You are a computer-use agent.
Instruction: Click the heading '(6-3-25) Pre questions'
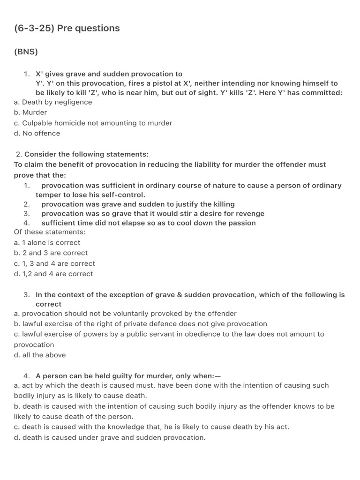coord(67,28)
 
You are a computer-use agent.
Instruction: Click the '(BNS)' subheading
coord(26,52)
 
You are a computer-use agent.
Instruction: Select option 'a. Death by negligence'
coord(53,102)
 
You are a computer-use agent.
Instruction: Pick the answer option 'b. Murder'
coord(30,112)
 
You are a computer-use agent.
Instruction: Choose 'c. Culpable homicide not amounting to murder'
coord(93,123)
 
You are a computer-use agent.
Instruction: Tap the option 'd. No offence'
coord(37,133)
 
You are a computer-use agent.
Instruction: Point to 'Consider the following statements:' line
coord(86,154)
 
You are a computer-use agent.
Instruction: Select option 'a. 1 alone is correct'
coord(47,243)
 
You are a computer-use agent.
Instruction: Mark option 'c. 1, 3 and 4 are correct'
coord(54,263)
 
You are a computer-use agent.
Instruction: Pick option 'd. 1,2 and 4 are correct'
coord(53,274)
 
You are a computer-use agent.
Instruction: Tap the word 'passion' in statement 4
coord(241,223)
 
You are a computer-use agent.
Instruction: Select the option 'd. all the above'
coord(40,355)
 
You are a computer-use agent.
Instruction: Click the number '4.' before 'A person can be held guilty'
coord(26,376)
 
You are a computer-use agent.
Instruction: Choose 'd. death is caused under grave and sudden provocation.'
coord(110,438)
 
